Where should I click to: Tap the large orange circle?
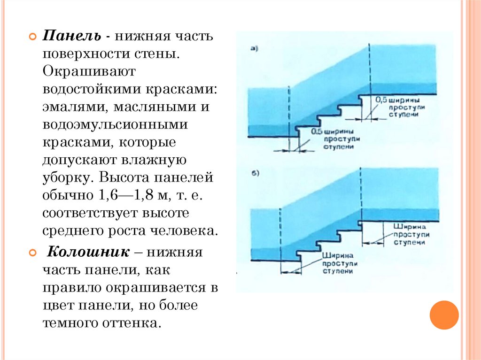tap(444, 314)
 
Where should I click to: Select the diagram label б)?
tap(256, 173)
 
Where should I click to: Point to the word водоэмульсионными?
tap(115, 125)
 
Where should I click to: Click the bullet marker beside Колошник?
tap(32, 253)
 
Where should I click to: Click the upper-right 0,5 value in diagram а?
tap(381, 100)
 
